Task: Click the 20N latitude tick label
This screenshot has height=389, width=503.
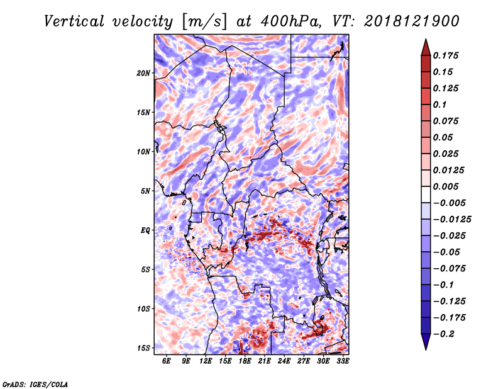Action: click(143, 73)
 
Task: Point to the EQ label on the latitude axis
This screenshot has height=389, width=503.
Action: click(145, 230)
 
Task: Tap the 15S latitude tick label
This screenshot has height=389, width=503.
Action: click(143, 348)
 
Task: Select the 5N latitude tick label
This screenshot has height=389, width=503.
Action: click(145, 191)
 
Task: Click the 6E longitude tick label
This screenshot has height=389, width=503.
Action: click(166, 361)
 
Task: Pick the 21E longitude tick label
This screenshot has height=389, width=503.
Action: click(264, 361)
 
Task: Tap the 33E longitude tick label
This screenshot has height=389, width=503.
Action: click(343, 361)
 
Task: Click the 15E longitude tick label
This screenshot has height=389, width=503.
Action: click(225, 361)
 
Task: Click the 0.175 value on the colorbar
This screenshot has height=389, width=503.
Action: click(446, 55)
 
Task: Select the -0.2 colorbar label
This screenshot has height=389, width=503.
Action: click(444, 334)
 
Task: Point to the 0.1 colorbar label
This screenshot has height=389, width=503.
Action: click(439, 104)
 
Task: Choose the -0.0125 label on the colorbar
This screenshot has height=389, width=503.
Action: click(452, 220)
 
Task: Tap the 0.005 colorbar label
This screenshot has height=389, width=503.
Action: click(446, 186)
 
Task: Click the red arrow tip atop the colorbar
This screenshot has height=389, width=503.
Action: click(426, 39)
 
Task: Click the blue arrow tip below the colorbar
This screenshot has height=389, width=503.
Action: click(426, 349)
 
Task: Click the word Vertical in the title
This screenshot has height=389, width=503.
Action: click(74, 21)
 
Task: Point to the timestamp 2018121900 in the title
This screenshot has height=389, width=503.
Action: click(412, 21)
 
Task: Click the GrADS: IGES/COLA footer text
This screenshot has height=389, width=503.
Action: click(35, 385)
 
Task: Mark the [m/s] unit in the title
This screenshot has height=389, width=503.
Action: click(204, 22)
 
